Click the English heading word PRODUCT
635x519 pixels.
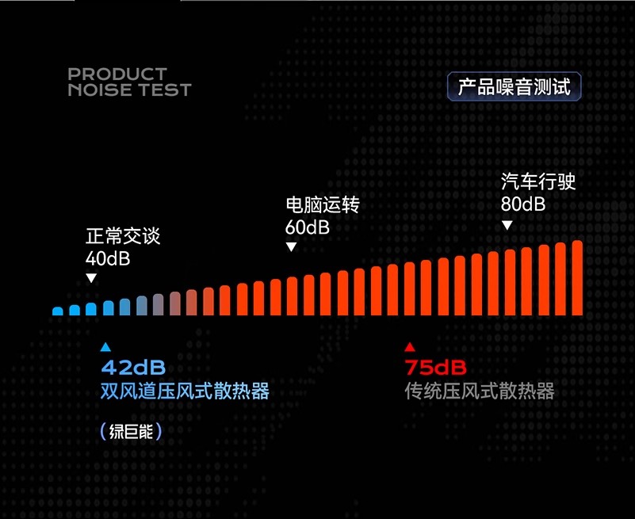(x=117, y=74)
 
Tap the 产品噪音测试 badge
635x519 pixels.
(x=515, y=86)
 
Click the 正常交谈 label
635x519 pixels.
(x=123, y=236)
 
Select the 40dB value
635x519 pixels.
(x=108, y=258)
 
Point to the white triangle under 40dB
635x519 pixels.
(x=91, y=278)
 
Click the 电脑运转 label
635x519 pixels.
(x=323, y=204)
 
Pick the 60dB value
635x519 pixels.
(x=308, y=227)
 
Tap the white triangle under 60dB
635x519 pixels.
(x=291, y=246)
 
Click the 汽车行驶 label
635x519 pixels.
(x=538, y=181)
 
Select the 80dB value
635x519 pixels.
(x=522, y=204)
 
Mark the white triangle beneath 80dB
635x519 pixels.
(x=507, y=225)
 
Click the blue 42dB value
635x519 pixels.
(x=133, y=368)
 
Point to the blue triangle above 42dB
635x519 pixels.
(x=105, y=347)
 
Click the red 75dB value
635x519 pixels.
(x=436, y=368)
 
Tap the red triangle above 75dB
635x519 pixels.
(x=410, y=347)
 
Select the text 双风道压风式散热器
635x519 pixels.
(x=185, y=391)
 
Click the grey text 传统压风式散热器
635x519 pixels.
(x=480, y=391)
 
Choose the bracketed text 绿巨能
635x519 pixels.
(x=132, y=432)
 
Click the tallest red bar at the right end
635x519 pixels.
(x=577, y=277)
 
